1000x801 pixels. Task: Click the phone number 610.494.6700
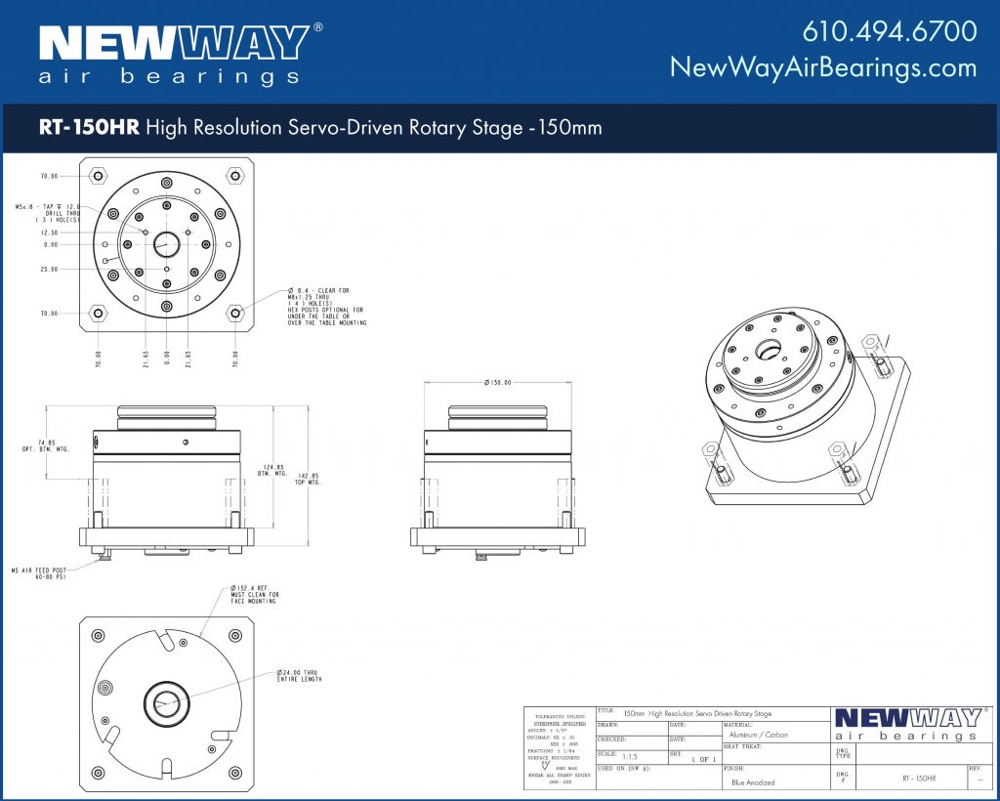tap(889, 31)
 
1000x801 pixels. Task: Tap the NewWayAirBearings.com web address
tap(822, 67)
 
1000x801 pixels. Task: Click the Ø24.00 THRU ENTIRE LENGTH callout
tap(299, 676)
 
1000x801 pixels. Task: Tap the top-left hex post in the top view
tap(98, 177)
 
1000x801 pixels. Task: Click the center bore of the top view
tap(167, 244)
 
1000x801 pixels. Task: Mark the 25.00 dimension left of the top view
tap(49, 270)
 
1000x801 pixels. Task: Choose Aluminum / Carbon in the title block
tap(758, 735)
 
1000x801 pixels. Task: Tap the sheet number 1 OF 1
tap(703, 759)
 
